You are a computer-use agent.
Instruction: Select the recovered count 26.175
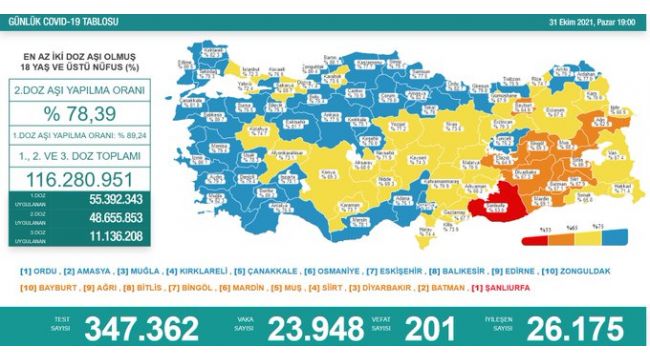(x=564, y=329)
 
